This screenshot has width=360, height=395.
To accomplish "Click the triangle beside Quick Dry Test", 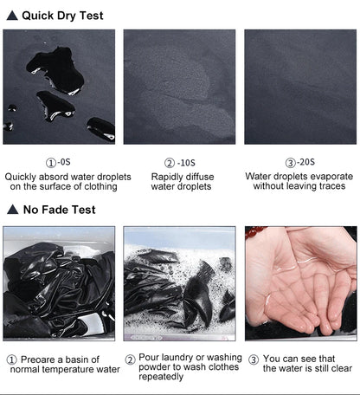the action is (x=12, y=16).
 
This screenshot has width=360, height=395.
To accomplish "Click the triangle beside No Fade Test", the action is (x=13, y=210).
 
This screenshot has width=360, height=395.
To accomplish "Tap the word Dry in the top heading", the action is (x=67, y=16).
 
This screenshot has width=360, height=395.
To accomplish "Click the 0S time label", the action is (x=65, y=162).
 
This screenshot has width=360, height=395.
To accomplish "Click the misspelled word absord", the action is (x=53, y=177).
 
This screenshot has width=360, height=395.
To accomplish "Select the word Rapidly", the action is (x=166, y=177).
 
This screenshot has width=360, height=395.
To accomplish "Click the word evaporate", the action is (x=332, y=177).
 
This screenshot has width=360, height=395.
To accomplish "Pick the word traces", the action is (x=331, y=186).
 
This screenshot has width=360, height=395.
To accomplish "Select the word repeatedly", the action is (x=161, y=377).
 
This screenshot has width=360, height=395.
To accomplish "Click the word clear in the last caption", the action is (x=342, y=368).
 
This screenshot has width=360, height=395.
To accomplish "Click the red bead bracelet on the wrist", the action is (x=255, y=232).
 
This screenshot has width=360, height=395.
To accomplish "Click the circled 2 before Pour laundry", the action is (x=131, y=360).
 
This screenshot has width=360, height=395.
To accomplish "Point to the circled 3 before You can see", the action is (x=254, y=359).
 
